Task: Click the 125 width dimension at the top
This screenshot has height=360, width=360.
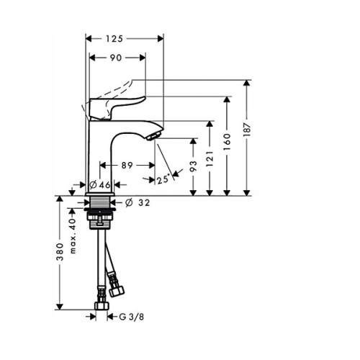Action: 114,39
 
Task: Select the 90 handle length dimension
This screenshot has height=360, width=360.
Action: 116,58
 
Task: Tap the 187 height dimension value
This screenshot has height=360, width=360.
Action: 247,130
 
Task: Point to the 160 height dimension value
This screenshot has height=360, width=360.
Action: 227,142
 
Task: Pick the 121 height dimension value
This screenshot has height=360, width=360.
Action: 210,159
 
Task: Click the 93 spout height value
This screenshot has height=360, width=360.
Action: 193,166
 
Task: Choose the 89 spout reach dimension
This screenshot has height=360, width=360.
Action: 127,166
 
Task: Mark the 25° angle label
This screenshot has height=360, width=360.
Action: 163,179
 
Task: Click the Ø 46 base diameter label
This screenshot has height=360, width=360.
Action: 100,185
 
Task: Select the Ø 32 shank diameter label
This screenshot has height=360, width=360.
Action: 138,203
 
